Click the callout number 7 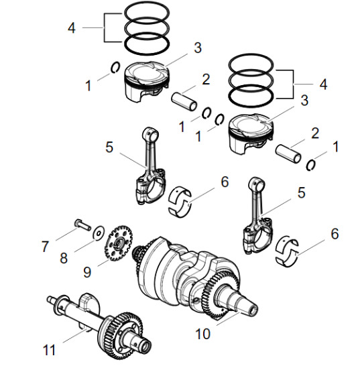pyautogui.click(x=45, y=247)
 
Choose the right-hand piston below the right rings pyautogui.click(x=250, y=133)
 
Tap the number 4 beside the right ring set pyautogui.click(x=322, y=84)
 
